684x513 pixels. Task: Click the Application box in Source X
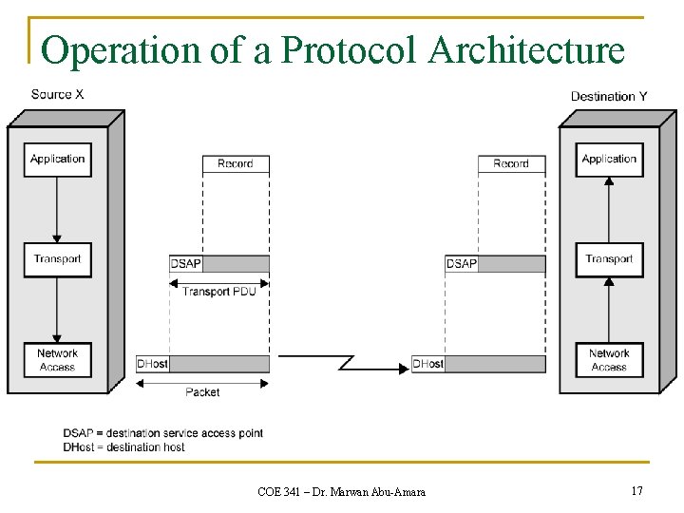[x=58, y=160]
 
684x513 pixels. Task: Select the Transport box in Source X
[x=58, y=259]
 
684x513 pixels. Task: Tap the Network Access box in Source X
[x=58, y=360]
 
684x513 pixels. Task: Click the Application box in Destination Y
[x=609, y=160]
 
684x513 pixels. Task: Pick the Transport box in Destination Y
[x=609, y=259]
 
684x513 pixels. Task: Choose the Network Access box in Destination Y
[x=609, y=360]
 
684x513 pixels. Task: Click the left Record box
[x=236, y=164]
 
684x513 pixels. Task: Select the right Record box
[x=511, y=164]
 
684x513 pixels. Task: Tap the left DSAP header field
[x=186, y=264]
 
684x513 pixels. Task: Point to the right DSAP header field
[x=462, y=264]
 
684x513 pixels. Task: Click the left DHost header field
[x=153, y=364]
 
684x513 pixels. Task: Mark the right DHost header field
[x=428, y=364]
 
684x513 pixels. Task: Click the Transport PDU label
[x=219, y=292]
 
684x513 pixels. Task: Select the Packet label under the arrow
[x=202, y=391]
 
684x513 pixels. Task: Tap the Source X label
[x=57, y=94]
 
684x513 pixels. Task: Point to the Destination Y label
[x=609, y=96]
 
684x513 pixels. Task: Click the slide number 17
[x=636, y=490]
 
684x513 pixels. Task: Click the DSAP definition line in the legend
[x=163, y=433]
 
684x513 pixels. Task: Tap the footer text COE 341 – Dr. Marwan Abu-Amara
[x=341, y=491]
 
